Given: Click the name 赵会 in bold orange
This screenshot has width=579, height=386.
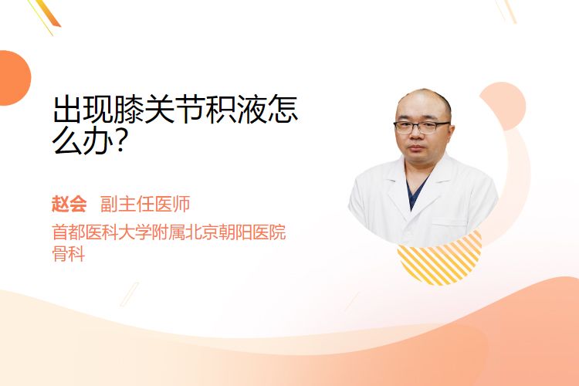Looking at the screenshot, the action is click(69, 205).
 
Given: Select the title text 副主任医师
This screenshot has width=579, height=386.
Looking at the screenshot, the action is click(145, 205).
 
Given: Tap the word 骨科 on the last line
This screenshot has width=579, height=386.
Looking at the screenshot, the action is click(69, 254).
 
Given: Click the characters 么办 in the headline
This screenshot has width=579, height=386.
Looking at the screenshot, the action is click(83, 141).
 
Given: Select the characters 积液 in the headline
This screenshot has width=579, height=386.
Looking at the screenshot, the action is click(236, 109).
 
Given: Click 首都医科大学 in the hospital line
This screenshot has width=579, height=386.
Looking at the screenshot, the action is click(102, 232).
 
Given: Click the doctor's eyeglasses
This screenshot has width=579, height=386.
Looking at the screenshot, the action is click(422, 127).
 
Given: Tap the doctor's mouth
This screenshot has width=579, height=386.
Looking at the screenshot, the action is click(417, 148).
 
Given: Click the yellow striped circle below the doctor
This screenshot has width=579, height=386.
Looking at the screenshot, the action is click(440, 259).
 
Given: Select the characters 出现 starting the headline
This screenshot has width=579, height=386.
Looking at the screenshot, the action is click(83, 109).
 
